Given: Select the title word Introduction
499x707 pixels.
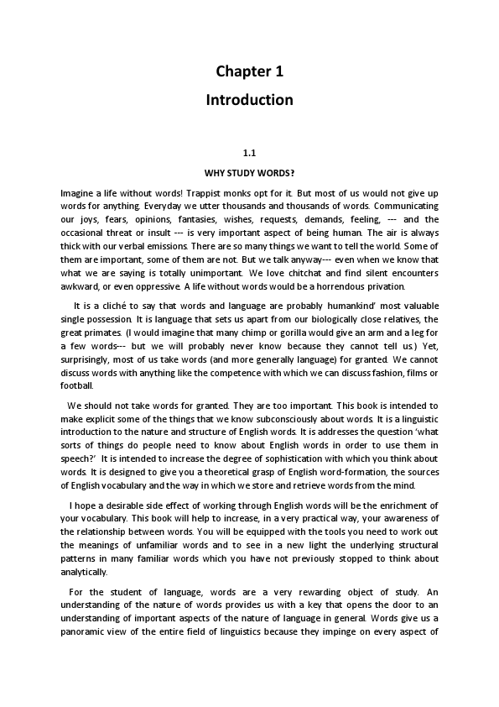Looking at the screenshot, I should coord(249,100).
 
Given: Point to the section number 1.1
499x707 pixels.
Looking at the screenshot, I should coord(249,154).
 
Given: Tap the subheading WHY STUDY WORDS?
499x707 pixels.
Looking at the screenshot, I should coord(249,174).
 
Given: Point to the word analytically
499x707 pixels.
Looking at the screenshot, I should coord(84,573).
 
